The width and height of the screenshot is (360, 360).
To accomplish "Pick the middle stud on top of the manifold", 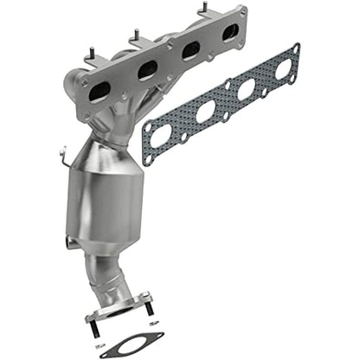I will tap(137, 37).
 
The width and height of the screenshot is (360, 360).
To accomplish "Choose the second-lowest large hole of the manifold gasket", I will tap(206, 111).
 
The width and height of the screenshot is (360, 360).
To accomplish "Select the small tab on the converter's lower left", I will tap(67, 239).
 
